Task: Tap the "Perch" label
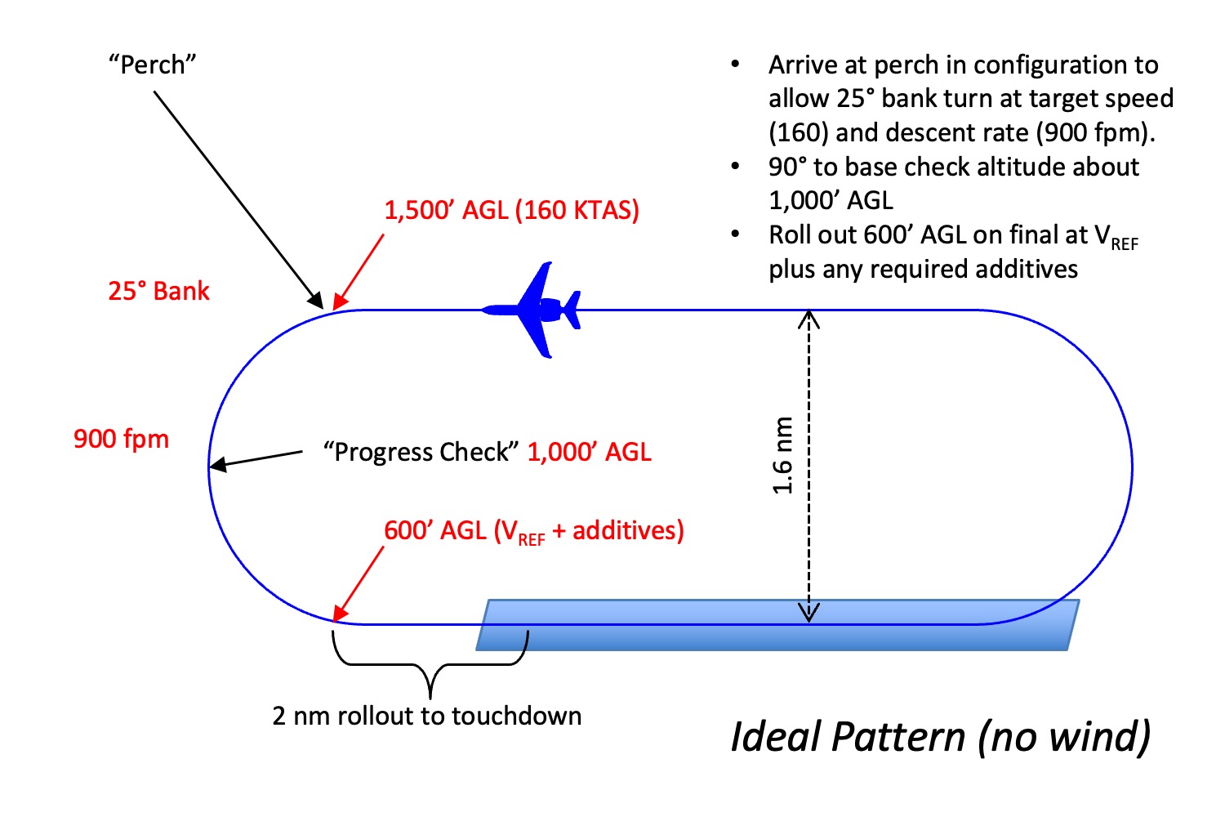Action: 152,65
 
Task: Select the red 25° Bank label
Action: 158,291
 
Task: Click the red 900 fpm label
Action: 122,440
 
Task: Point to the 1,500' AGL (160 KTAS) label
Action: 512,211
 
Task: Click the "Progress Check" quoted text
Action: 421,452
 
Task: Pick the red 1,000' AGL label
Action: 590,452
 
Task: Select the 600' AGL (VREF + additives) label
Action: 534,531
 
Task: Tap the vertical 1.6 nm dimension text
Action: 782,455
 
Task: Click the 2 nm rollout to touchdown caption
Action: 426,716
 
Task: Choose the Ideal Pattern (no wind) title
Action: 941,738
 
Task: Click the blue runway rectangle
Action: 777,625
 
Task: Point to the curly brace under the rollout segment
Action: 430,664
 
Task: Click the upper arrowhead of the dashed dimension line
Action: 808,319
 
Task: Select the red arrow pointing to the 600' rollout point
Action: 359,584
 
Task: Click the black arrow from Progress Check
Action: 256,459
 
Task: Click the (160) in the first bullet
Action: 797,133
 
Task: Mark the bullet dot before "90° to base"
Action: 736,167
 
